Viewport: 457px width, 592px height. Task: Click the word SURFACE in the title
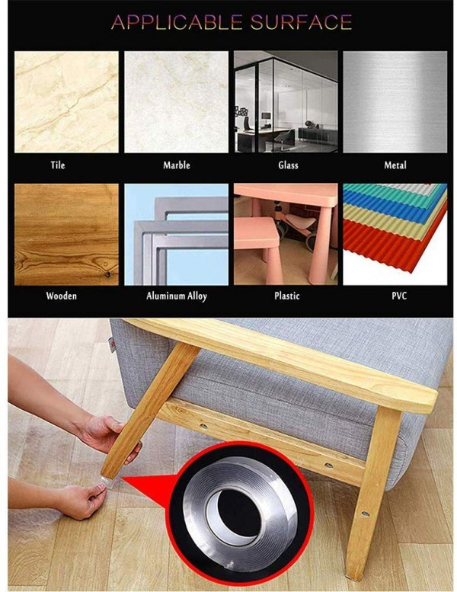pyautogui.click(x=301, y=22)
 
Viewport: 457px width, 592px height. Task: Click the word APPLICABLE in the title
pyautogui.click(x=177, y=22)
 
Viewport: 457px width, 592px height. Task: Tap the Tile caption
pyautogui.click(x=58, y=165)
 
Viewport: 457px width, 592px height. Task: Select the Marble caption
pyautogui.click(x=177, y=165)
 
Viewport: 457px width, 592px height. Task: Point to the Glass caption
pyautogui.click(x=289, y=165)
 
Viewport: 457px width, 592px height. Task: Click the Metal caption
pyautogui.click(x=395, y=165)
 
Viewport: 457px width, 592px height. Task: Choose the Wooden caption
pyautogui.click(x=62, y=296)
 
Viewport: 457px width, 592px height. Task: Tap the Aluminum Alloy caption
pyautogui.click(x=177, y=296)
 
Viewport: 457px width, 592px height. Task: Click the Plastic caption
pyautogui.click(x=287, y=296)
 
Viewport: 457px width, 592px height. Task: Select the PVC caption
pyautogui.click(x=399, y=296)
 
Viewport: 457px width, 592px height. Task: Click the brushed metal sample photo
pyautogui.click(x=395, y=102)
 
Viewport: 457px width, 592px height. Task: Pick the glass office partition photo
pyautogui.click(x=286, y=102)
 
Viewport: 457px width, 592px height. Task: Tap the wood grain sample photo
pyautogui.click(x=66, y=235)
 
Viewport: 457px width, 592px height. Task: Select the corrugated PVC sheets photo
pyautogui.click(x=395, y=235)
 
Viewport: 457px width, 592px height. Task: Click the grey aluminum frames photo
pyautogui.click(x=176, y=235)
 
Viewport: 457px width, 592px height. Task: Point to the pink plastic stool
pyautogui.click(x=257, y=249)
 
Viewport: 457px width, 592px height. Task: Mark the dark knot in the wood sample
pyautogui.click(x=107, y=274)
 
